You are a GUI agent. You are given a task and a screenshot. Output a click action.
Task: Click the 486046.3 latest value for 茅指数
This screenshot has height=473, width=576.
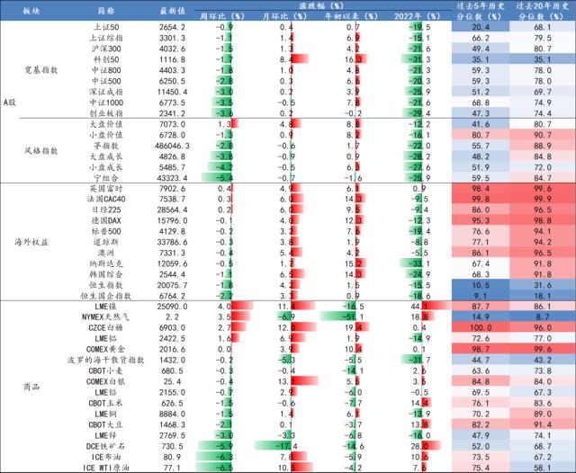coord(172,146)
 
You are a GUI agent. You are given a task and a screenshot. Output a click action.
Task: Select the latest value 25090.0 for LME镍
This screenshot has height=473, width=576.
coord(172,306)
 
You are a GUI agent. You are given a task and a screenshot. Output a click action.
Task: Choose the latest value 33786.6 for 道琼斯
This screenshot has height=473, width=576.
coord(172,242)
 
